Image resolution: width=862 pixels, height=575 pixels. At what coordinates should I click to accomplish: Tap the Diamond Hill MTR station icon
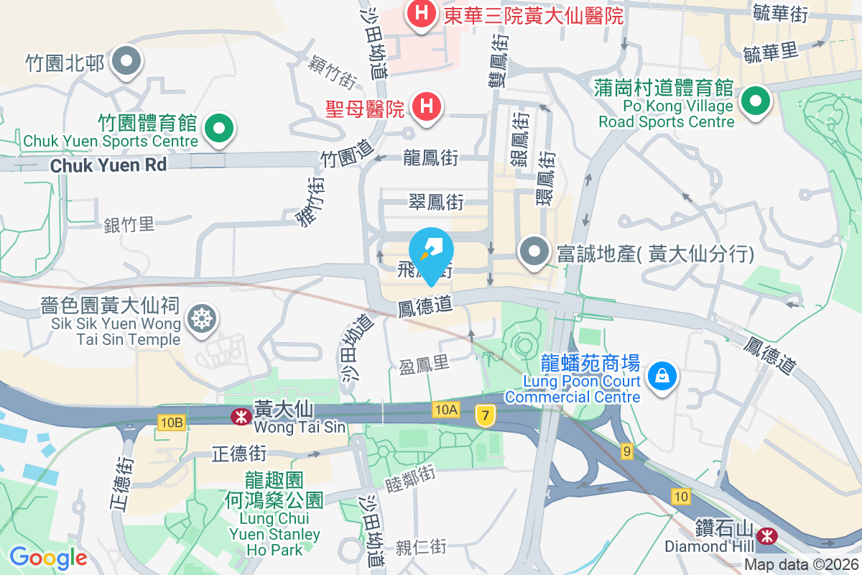[767, 534]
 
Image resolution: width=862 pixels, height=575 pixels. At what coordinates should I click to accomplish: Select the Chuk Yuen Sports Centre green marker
[220, 129]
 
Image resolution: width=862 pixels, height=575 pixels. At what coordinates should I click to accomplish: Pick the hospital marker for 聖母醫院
[426, 107]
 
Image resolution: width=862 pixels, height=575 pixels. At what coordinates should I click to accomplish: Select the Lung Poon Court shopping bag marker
[660, 375]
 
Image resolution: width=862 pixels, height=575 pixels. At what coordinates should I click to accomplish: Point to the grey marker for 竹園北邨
[126, 63]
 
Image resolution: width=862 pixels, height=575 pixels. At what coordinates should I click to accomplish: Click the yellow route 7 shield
[486, 415]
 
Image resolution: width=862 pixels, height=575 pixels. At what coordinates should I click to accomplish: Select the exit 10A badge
[445, 410]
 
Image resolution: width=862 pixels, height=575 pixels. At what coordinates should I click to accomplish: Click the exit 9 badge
[627, 451]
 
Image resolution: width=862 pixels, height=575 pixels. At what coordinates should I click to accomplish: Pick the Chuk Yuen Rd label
[108, 165]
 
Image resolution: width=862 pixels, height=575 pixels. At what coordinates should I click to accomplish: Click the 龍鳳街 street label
[431, 157]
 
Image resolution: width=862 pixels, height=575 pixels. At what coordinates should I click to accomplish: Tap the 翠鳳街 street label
[435, 202]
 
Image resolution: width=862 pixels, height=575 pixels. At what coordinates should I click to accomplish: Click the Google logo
[48, 558]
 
